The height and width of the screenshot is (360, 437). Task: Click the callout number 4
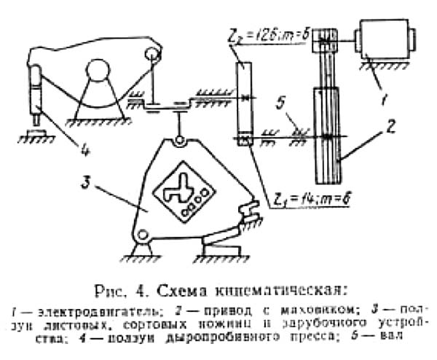(x=85, y=152)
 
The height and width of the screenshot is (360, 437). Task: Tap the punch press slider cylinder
(x=36, y=92)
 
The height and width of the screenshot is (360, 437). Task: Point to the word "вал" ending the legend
(x=390, y=336)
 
